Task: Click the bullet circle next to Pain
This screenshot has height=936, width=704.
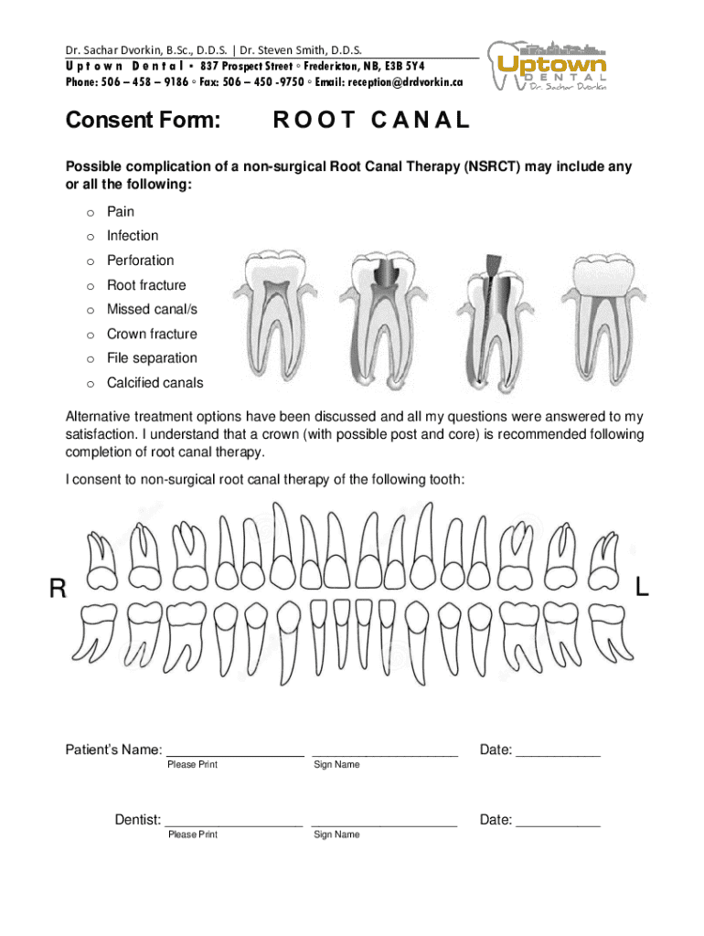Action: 91,212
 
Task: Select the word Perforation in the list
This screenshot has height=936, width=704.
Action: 140,261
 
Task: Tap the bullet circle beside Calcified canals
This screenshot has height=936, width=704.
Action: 91,384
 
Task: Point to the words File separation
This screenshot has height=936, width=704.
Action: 152,358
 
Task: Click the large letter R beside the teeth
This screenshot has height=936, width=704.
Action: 58,590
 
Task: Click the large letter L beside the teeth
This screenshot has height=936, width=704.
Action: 642,590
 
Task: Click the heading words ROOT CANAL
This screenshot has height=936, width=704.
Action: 371,120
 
